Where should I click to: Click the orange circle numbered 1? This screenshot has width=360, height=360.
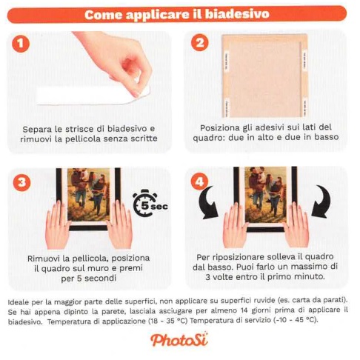tap(21, 44)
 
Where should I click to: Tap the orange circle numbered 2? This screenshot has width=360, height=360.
tap(199, 43)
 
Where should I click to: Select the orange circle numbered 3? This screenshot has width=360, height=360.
tap(21, 182)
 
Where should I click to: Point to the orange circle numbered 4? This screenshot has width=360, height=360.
tap(199, 182)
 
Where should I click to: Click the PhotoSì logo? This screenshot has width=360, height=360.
tap(179, 339)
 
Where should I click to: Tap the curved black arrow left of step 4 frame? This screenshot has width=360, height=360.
tap(208, 202)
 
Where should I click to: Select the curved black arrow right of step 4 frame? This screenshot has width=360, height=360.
tap(321, 201)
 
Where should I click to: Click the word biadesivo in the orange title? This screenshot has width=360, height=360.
tap(237, 14)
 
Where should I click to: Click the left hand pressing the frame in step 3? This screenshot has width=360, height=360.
tap(57, 224)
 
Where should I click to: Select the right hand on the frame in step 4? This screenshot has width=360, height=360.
tap(296, 224)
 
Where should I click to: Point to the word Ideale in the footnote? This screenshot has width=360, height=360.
tap(17, 301)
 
